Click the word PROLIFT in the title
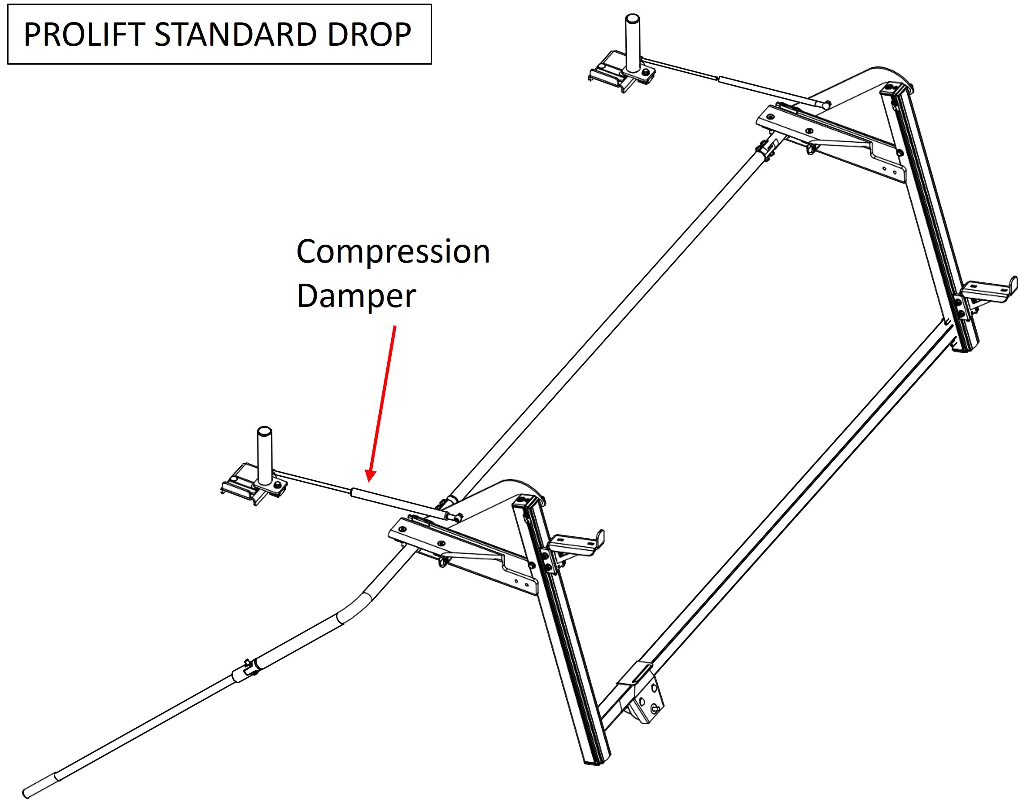[85, 34]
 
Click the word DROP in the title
[369, 34]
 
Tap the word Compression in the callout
[393, 252]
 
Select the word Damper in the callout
[356, 296]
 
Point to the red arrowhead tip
[368, 481]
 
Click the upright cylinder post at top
[633, 43]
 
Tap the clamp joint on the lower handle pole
[250, 668]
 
